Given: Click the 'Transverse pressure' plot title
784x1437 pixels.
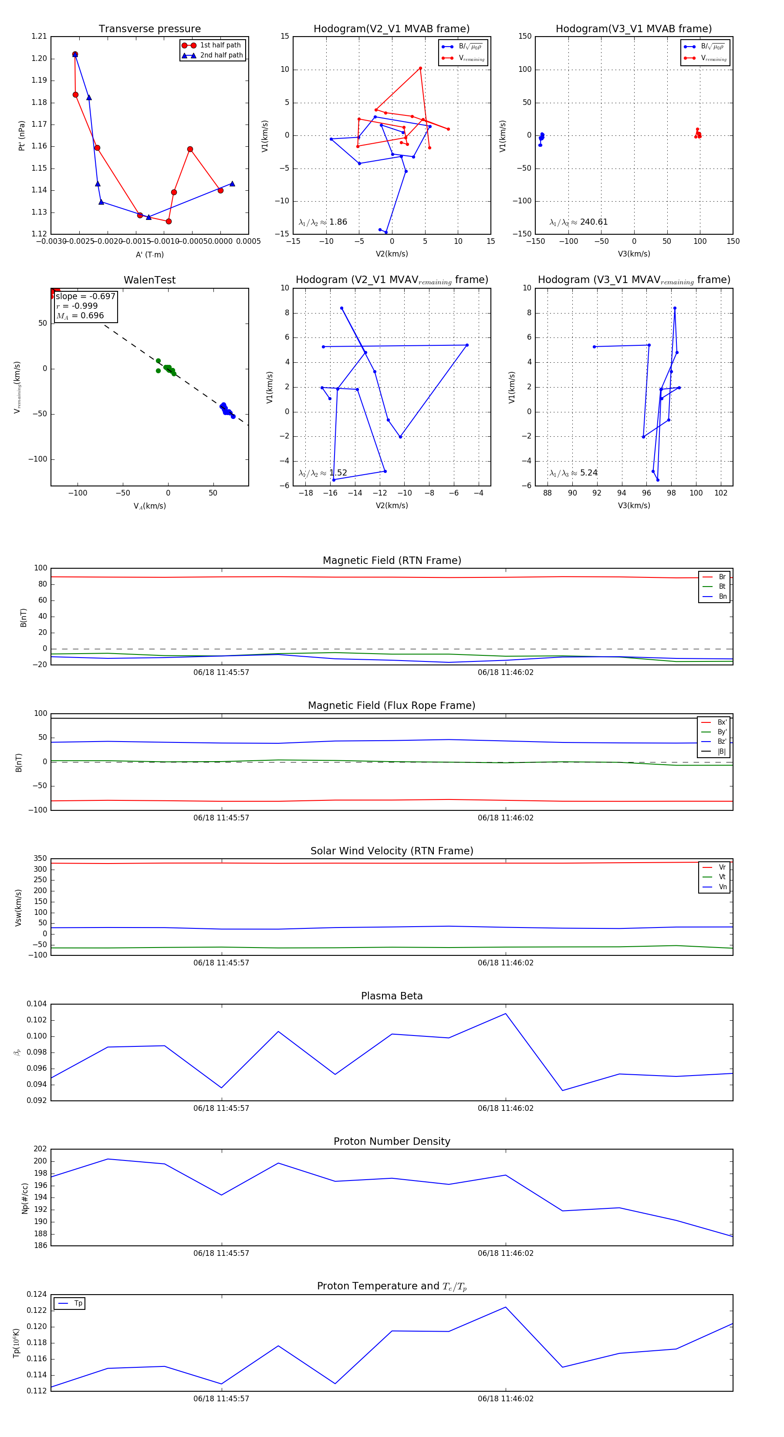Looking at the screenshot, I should click(x=149, y=29).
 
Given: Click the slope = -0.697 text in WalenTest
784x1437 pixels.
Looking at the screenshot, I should click(x=85, y=296).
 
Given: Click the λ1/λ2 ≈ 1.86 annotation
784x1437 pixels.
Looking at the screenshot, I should click(x=322, y=222).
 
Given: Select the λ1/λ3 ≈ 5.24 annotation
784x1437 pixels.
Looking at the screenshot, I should click(x=574, y=473).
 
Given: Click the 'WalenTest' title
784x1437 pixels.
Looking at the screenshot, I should click(x=149, y=280).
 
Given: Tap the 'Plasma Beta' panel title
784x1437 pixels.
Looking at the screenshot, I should click(x=392, y=996).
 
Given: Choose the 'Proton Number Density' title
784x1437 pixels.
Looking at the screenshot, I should click(x=392, y=1141).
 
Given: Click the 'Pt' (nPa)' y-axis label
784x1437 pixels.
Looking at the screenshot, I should click(x=21, y=135).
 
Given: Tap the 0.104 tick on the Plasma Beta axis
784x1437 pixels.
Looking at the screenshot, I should click(x=37, y=1004).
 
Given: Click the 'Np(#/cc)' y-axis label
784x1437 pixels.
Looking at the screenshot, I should click(x=24, y=1198).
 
